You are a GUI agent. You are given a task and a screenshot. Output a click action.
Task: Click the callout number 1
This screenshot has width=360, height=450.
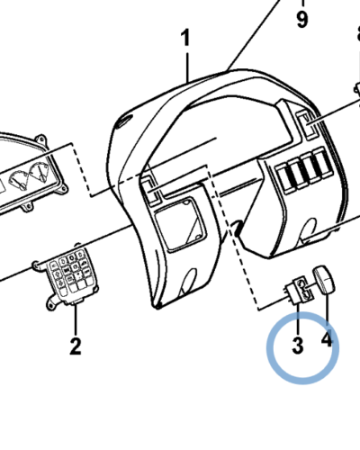(x=186, y=38)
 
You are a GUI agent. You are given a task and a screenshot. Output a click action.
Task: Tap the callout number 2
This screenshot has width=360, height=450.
(x=76, y=346)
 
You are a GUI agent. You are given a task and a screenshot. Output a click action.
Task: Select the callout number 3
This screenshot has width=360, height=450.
(x=298, y=346)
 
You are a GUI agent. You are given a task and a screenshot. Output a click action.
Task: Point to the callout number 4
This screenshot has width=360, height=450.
(x=327, y=338)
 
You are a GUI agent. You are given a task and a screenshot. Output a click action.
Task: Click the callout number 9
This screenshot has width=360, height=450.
(x=302, y=19)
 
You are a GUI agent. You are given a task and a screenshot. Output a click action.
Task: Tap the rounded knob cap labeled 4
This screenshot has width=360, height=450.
(x=324, y=279)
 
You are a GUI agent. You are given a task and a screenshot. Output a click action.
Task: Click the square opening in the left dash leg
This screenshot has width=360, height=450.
(x=180, y=223)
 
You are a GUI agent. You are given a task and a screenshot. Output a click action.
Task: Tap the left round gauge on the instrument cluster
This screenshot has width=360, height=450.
(x=19, y=181)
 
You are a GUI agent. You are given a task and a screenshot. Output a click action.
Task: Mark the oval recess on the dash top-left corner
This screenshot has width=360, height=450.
(x=125, y=122)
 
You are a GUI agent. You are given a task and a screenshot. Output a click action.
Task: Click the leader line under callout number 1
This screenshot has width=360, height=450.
(x=188, y=67)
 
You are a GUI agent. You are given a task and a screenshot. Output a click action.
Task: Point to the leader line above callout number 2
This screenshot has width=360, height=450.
(x=76, y=319)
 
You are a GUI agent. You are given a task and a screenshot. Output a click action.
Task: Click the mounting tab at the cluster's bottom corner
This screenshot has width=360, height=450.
(x=28, y=207)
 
